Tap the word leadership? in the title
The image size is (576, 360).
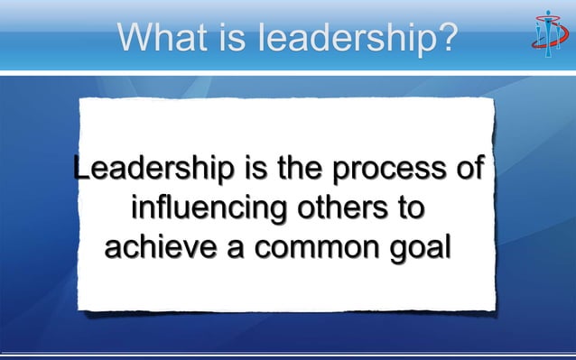357,38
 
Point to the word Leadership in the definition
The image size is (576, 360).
148,170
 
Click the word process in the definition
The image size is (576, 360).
390,170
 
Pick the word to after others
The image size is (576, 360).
410,209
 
